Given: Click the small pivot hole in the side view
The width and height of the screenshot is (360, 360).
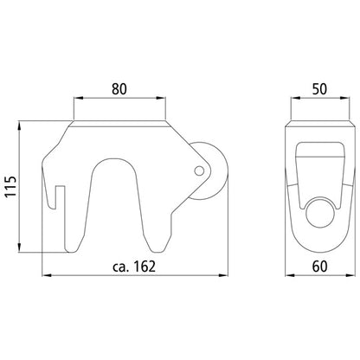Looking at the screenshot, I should pyautogui.click(x=201, y=169).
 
